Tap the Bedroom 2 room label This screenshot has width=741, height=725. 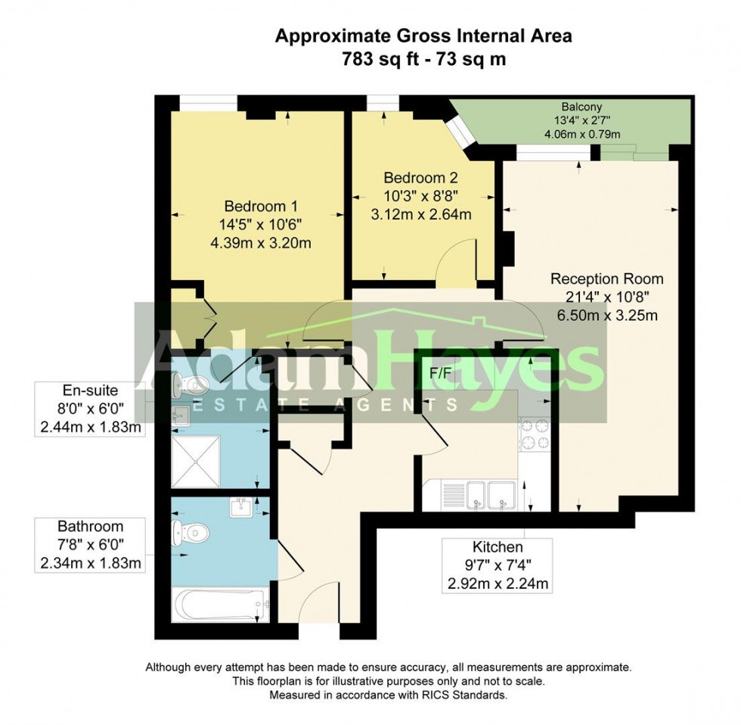pyautogui.click(x=420, y=179)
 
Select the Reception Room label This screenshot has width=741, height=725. pyautogui.click(x=606, y=278)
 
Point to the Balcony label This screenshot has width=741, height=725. pyautogui.click(x=581, y=107)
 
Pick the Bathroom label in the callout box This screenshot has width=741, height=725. pyautogui.click(x=90, y=526)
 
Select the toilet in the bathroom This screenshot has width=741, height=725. pyautogui.click(x=189, y=533)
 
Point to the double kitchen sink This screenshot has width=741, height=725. pyautogui.click(x=490, y=494)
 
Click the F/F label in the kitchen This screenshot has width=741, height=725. pyautogui.click(x=439, y=373)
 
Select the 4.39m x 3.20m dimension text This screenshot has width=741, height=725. pyautogui.click(x=262, y=243)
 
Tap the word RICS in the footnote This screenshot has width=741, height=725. pyautogui.click(x=429, y=694)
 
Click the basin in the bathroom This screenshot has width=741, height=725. pyautogui.click(x=241, y=506)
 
